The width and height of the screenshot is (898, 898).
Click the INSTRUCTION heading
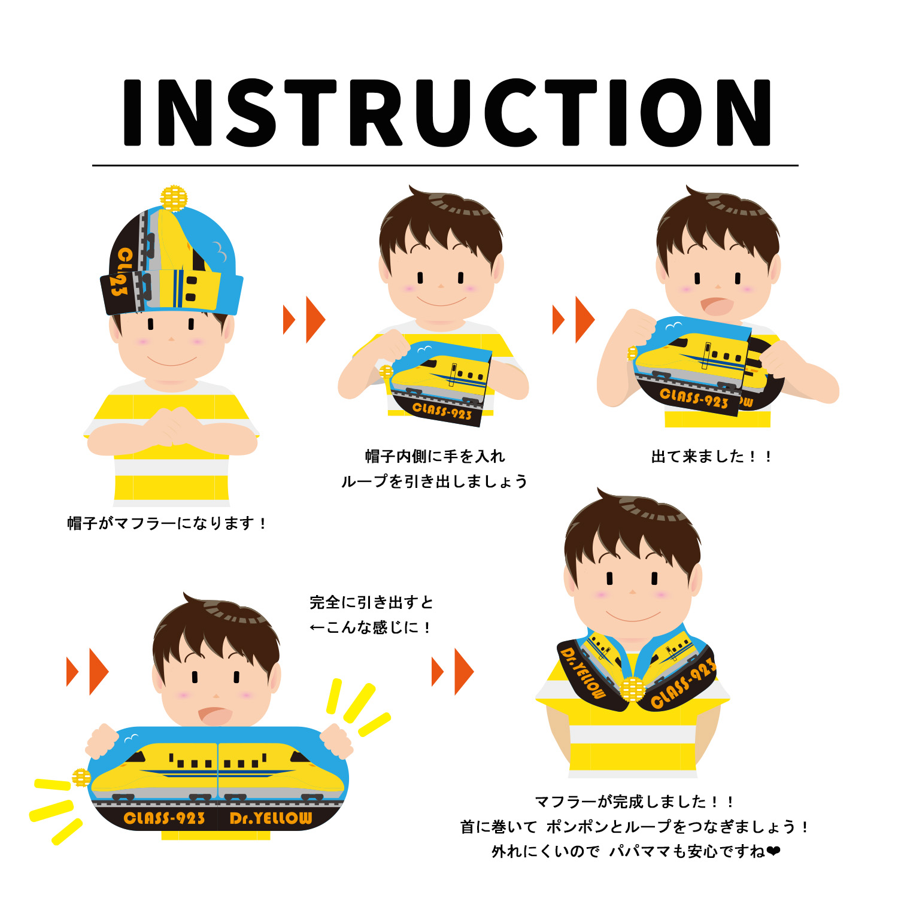[x=447, y=113]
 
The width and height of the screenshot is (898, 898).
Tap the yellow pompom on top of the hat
[x=174, y=198]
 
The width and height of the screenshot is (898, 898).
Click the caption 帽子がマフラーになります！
[x=166, y=523]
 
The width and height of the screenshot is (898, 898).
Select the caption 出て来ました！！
[x=711, y=456]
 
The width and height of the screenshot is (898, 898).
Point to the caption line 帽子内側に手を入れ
[x=435, y=456]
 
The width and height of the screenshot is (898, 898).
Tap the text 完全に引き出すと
[x=371, y=602]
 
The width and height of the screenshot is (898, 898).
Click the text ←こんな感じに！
[x=370, y=627]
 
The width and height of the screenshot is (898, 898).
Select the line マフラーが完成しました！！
[x=634, y=801]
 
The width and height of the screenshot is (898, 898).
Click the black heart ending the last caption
[x=773, y=851]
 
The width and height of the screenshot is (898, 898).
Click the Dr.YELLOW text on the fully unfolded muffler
[x=271, y=818]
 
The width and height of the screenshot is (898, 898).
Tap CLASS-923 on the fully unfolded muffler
[x=164, y=818]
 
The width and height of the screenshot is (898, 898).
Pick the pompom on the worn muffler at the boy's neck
[x=633, y=689]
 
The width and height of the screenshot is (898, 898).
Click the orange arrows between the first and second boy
[x=304, y=319]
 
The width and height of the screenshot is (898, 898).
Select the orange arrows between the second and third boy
[x=574, y=319]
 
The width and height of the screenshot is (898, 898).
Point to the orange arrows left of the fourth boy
[x=87, y=671]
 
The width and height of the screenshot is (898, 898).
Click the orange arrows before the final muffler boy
[x=453, y=671]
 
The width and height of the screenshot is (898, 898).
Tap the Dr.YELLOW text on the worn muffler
[x=583, y=673]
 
